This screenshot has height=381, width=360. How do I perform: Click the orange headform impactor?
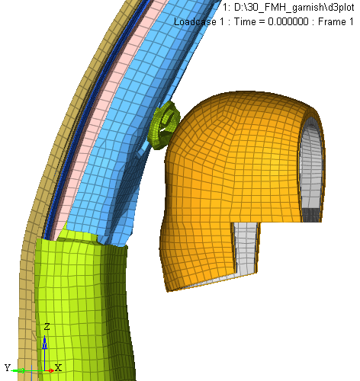point(229,178)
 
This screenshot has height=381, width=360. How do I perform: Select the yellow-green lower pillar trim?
point(84,305)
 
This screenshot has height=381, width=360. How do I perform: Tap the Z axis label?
point(47,327)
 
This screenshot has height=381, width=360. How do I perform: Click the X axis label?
point(58,367)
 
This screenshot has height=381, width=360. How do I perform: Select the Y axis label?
point(8,367)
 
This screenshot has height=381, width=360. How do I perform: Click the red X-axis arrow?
point(50,370)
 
